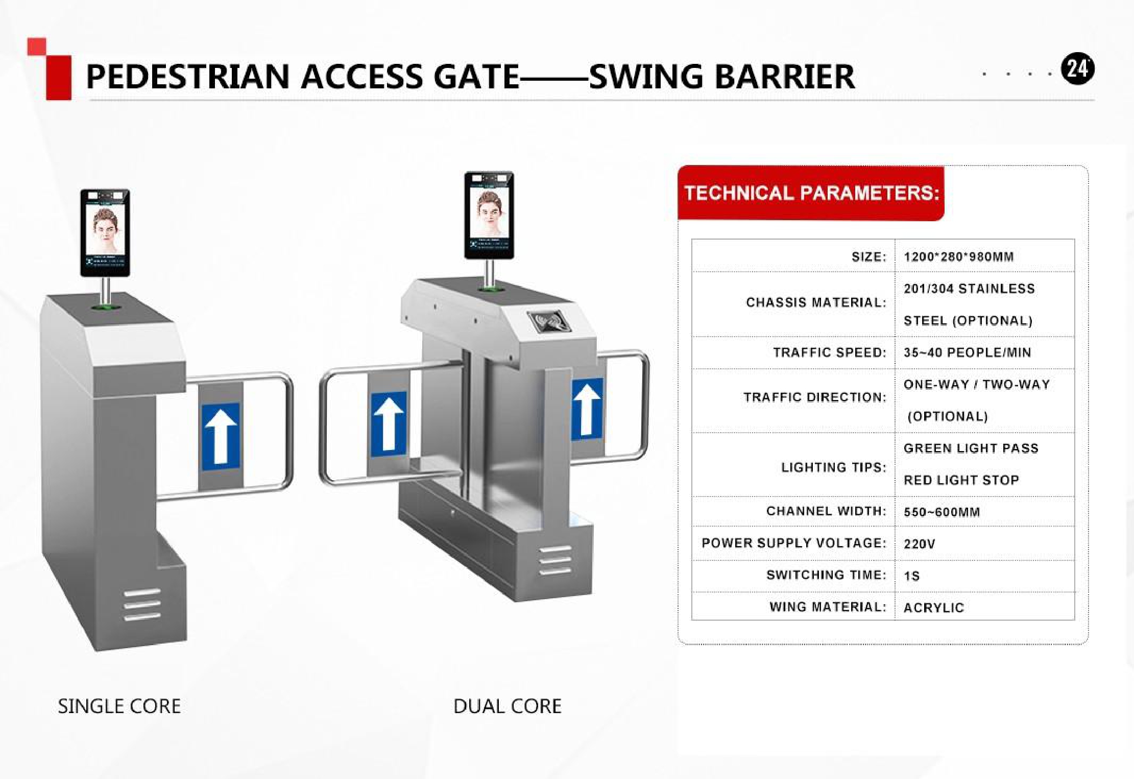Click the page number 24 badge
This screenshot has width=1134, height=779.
point(1077,69)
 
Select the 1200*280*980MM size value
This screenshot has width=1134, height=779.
point(958,256)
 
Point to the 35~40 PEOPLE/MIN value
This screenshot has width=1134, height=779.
point(967,352)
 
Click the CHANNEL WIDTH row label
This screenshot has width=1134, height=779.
point(826,511)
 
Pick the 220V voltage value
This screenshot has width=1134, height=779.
point(919,544)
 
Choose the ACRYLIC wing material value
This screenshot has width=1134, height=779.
point(933,607)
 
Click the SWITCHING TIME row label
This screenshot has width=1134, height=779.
point(826,575)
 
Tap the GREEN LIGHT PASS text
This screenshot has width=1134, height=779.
point(971,448)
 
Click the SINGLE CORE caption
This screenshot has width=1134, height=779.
point(119,706)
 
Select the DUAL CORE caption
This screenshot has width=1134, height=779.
point(507,706)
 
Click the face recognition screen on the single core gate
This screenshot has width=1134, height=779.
point(105,232)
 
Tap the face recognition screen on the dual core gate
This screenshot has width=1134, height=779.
point(489,215)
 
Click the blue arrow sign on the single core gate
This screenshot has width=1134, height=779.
point(221,436)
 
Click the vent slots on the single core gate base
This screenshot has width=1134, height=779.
point(142,605)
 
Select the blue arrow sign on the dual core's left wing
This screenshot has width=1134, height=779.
point(389,423)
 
